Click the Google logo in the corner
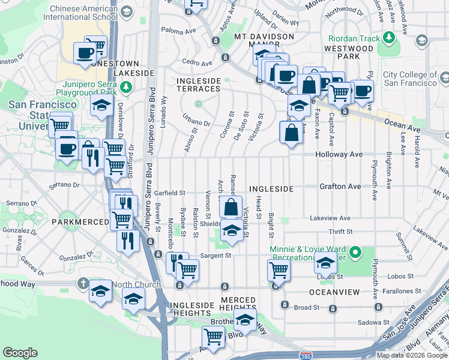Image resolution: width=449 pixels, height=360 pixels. point(20,353)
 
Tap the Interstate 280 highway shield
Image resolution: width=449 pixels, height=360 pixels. point(306,356)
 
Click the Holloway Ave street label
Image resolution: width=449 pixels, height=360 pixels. point(340,154)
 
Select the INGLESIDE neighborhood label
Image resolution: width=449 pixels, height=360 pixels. point(271,189)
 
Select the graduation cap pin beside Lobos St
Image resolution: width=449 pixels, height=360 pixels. point(325,263)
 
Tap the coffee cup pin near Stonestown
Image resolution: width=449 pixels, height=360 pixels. point(84,53)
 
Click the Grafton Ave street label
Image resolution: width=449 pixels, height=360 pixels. point(340,187)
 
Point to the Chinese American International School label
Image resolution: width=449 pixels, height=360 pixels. point(83,13)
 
